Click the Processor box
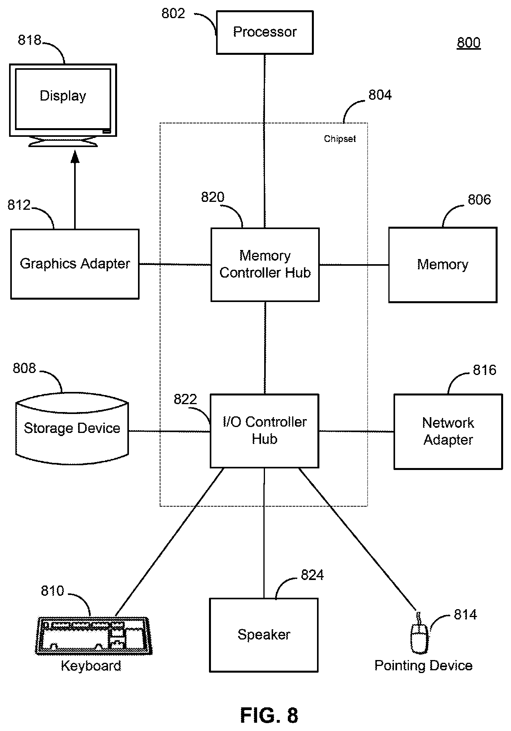click(265, 32)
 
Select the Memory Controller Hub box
click(265, 265)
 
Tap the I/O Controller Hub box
click(265, 431)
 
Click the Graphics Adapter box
click(75, 264)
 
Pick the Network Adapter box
click(448, 431)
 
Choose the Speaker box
click(264, 635)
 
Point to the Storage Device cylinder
click(72, 429)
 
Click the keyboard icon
click(94, 636)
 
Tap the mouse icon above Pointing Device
click(419, 634)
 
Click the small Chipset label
click(340, 139)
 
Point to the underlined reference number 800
click(469, 43)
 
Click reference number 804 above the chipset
click(380, 95)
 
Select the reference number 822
click(185, 399)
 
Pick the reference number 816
click(485, 370)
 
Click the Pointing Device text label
click(423, 666)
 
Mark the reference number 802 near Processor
click(173, 14)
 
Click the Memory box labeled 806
click(443, 265)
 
